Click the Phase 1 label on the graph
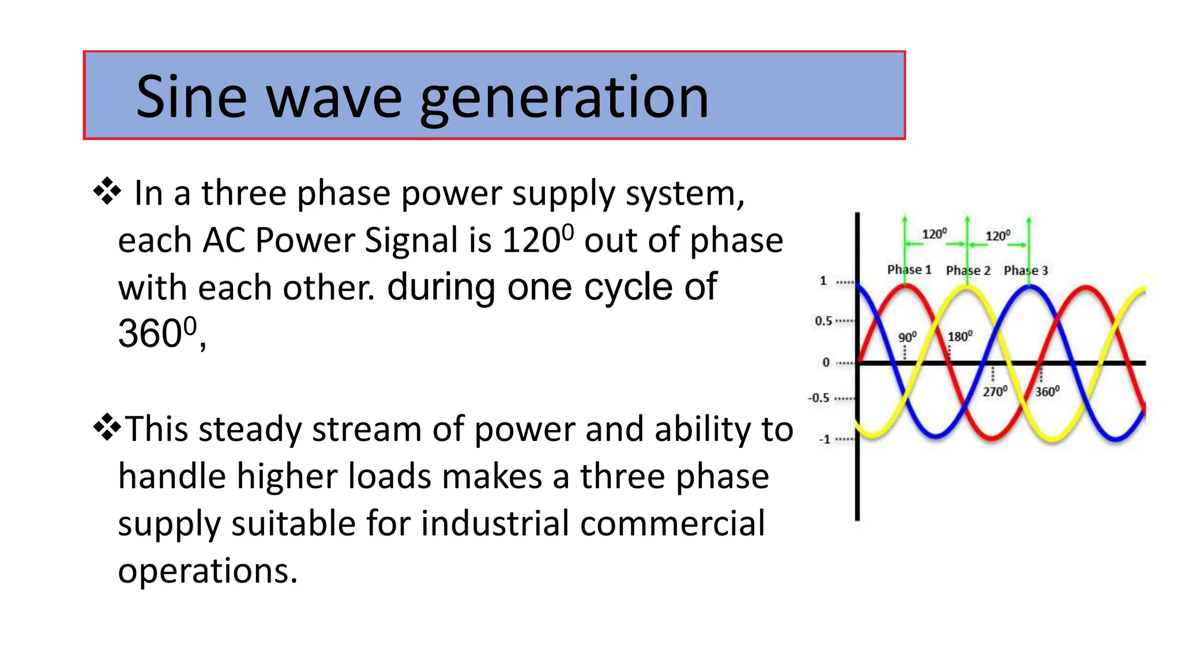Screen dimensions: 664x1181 point(909,270)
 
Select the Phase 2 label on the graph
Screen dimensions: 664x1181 point(968,270)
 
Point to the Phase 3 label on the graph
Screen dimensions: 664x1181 point(1025,270)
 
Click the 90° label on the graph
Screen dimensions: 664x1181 point(907,337)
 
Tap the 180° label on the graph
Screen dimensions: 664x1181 point(960,337)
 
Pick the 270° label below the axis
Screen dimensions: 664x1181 point(995,392)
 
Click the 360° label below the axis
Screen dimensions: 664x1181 point(1047,392)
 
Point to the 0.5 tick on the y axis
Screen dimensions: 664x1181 point(823,321)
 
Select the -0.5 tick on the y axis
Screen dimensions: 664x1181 point(819,398)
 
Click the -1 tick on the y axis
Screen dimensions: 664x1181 point(825,439)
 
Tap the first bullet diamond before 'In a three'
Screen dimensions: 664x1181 point(107,191)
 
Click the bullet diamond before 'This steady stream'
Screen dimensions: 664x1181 point(107,428)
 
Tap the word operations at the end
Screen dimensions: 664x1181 point(207,571)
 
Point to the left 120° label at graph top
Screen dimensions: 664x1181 point(934,234)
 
